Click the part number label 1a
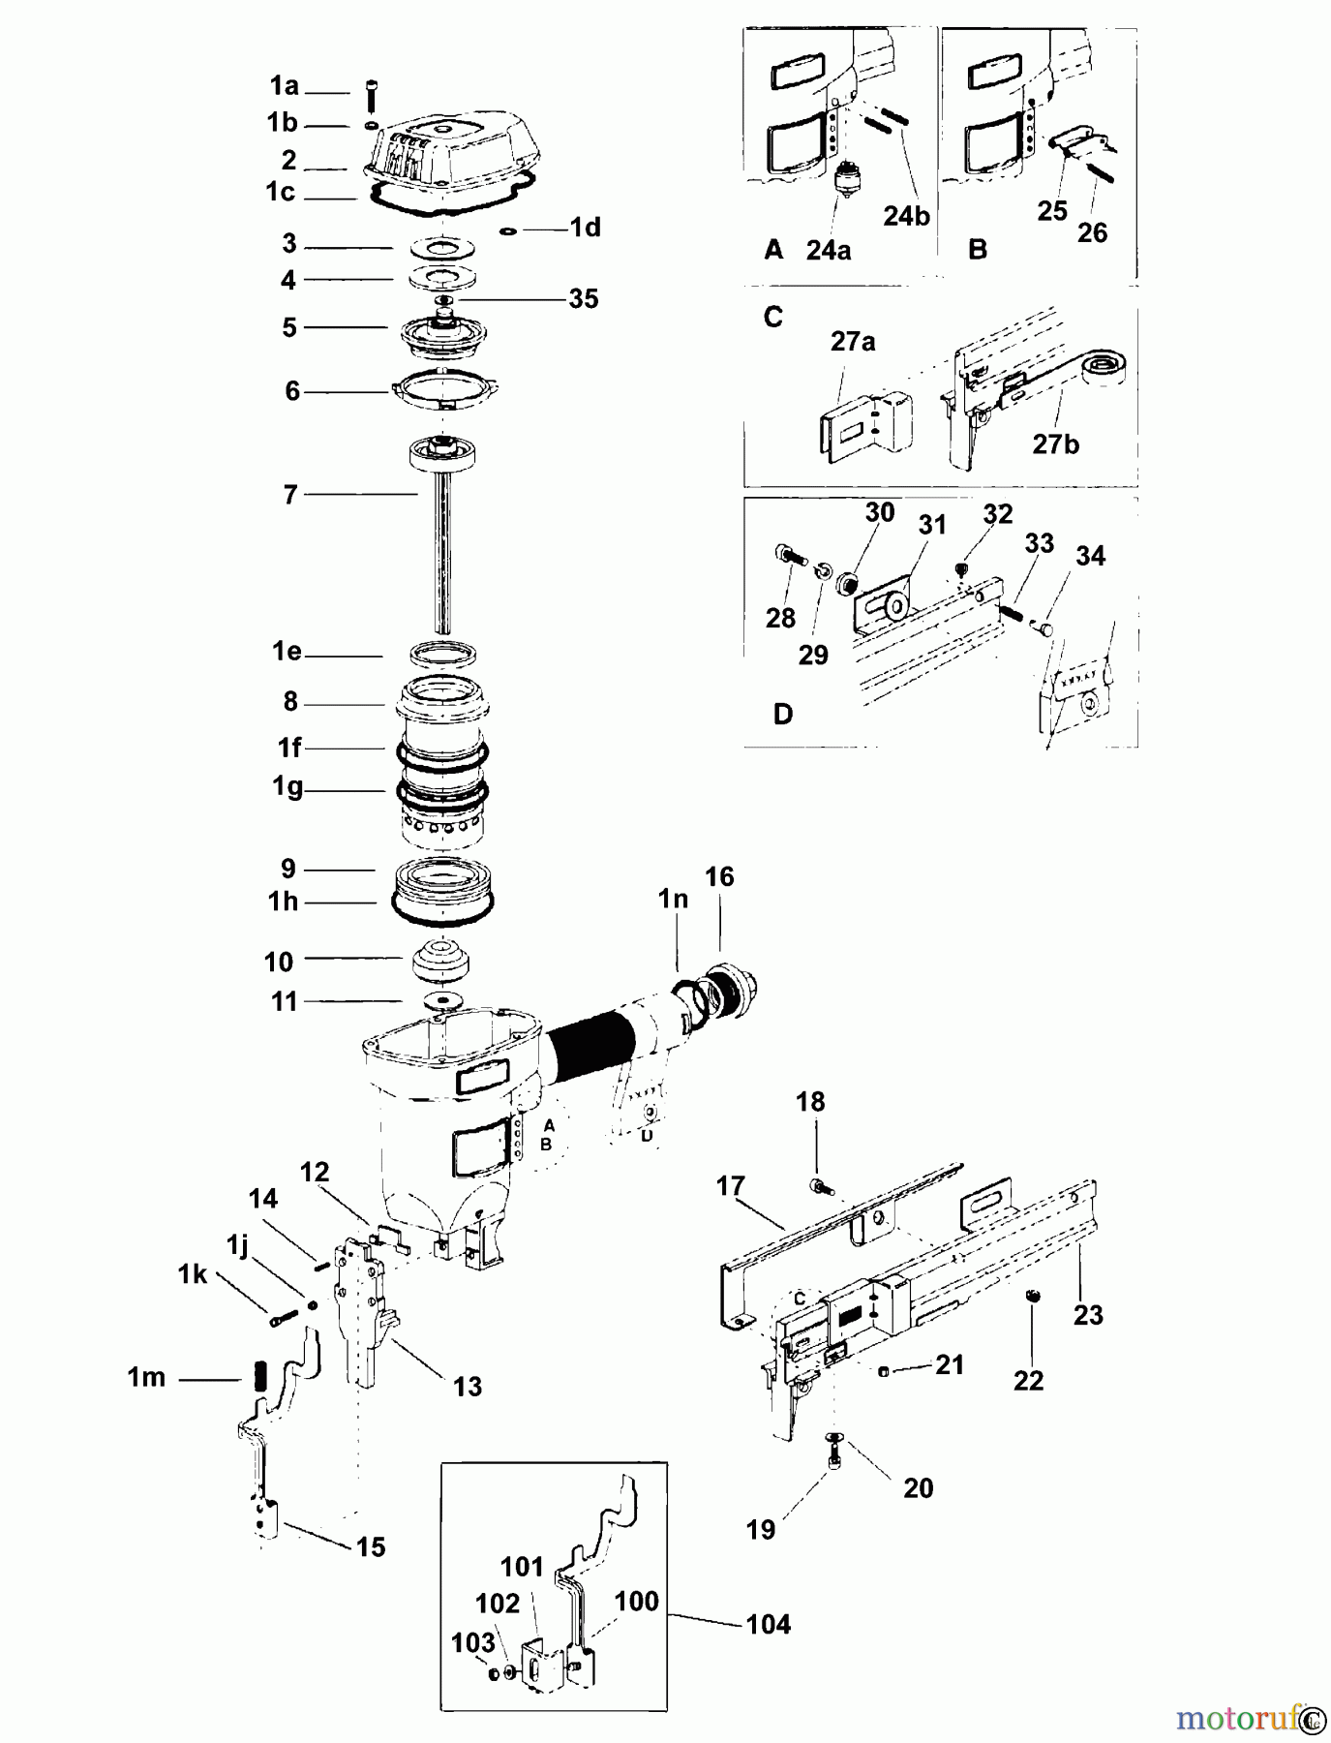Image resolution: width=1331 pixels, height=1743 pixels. pyautogui.click(x=284, y=87)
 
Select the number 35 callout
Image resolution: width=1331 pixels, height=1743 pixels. pyautogui.click(x=583, y=299)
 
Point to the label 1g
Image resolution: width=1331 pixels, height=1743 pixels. pyautogui.click(x=287, y=786)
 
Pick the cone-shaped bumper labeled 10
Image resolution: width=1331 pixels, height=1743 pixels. pyautogui.click(x=442, y=960)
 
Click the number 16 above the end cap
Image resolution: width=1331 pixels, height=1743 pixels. pyautogui.click(x=719, y=877)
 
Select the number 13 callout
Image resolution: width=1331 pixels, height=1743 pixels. pyautogui.click(x=467, y=1387)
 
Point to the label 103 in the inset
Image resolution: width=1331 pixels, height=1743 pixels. pyautogui.click(x=472, y=1642)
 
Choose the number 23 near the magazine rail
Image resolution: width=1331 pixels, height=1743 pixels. pyautogui.click(x=1088, y=1315)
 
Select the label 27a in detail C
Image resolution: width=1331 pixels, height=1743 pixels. pyautogui.click(x=852, y=342)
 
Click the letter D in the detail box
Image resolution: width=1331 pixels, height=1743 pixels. pyautogui.click(x=783, y=715)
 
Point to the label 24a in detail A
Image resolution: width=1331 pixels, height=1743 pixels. pyautogui.click(x=828, y=251)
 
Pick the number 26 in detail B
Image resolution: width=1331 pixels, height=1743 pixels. pyautogui.click(x=1092, y=233)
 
